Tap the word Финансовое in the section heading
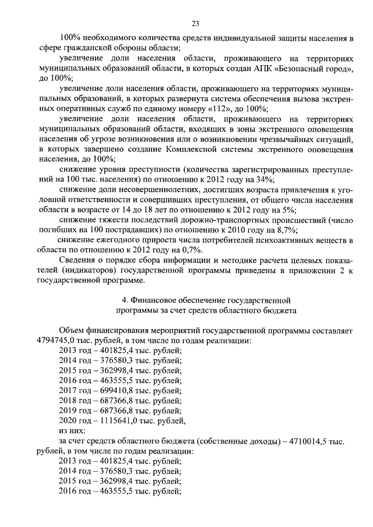click(x=153, y=300)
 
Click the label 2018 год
click(x=75, y=400)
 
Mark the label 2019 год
click(x=75, y=410)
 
